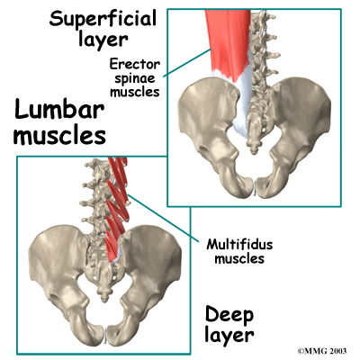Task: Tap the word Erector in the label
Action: (135, 64)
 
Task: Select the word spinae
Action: (135, 78)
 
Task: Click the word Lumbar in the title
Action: (59, 109)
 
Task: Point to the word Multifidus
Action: (239, 245)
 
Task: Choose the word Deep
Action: (229, 315)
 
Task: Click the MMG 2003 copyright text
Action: (322, 351)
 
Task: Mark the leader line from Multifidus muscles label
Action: (164, 218)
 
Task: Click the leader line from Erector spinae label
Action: (187, 63)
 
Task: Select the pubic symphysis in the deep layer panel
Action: (105, 335)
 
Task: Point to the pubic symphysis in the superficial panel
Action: (256, 187)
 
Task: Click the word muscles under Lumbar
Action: (60, 136)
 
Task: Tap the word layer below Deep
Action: (229, 335)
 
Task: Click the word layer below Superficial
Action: (103, 40)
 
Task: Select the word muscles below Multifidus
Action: (239, 258)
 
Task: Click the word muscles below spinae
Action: (135, 92)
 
